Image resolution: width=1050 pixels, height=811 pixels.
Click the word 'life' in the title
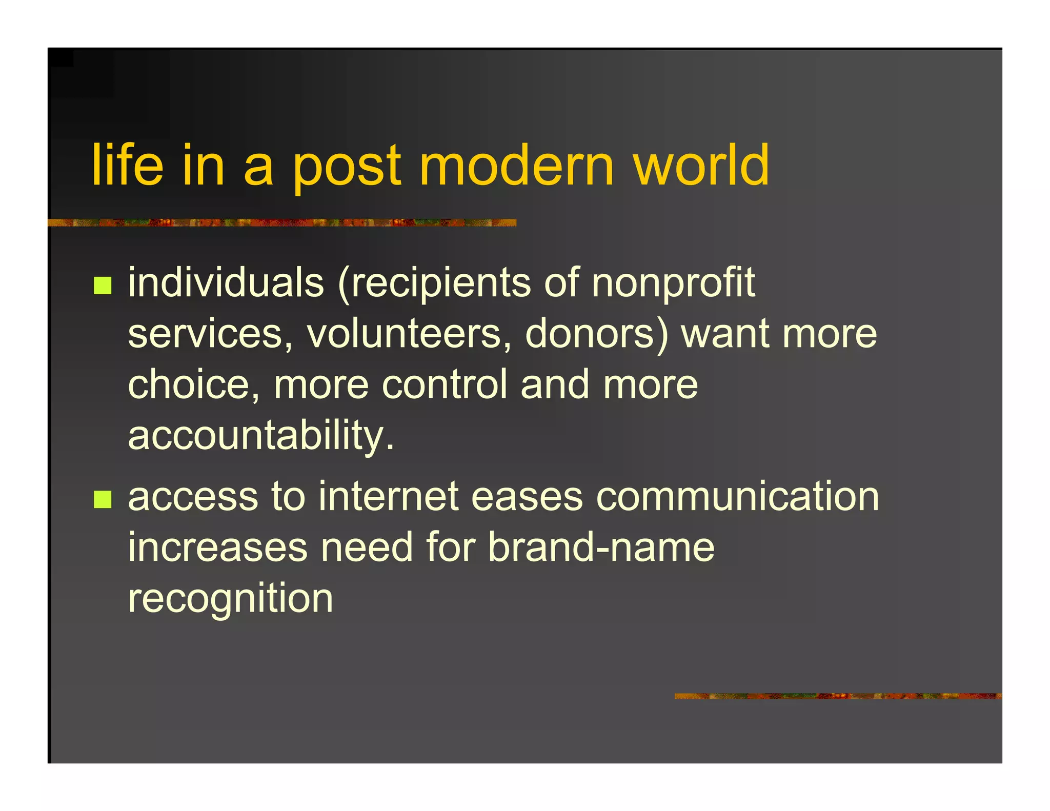[x=128, y=166]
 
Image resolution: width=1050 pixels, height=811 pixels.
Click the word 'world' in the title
[x=701, y=166]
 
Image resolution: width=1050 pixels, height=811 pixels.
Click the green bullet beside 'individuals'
[x=103, y=285]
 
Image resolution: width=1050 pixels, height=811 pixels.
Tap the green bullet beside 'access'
[x=103, y=499]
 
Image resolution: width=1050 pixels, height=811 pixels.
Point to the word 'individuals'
[x=226, y=282]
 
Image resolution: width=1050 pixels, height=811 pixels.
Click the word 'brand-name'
[x=600, y=548]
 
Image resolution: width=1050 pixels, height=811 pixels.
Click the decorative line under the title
[x=282, y=222]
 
